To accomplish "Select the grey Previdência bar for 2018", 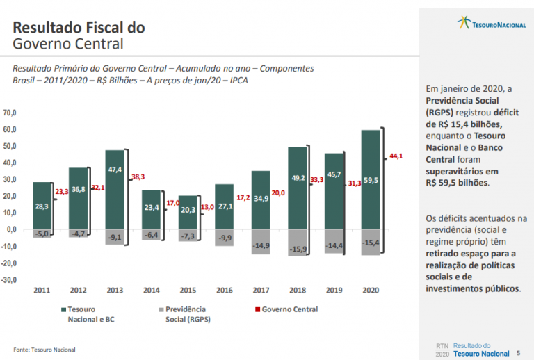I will (297, 242).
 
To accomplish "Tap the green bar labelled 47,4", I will (115, 189).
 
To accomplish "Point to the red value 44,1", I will (396, 156).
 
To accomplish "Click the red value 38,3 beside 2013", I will (138, 177).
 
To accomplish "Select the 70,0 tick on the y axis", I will (10, 113).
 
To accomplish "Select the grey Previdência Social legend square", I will (160, 309).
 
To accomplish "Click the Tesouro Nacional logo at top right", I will (492, 24).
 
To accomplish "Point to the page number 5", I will (518, 353).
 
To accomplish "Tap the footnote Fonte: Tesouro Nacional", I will (44, 349).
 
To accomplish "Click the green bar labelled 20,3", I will (188, 212).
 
